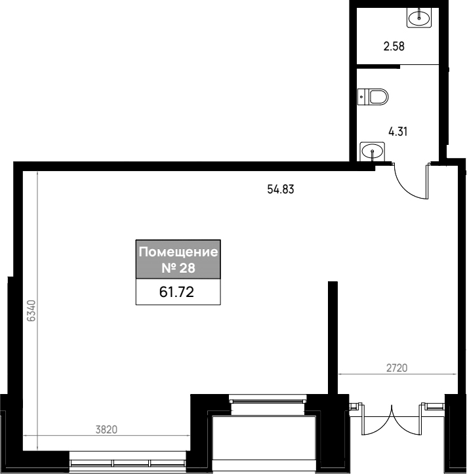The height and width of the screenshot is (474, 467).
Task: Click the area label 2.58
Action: (394, 47)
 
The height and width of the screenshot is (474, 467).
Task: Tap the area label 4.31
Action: (397, 132)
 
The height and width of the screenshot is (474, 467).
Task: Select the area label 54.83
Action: (280, 189)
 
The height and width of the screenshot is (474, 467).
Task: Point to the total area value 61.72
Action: (176, 292)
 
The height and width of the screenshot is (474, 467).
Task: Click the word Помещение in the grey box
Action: (178, 252)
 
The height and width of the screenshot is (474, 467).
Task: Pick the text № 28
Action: (178, 268)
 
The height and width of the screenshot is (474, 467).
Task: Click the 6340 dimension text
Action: (31, 311)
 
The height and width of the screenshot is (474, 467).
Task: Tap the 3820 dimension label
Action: (106, 429)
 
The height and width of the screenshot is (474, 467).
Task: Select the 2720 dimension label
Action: (397, 368)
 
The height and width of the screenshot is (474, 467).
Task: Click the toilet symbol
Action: (373, 97)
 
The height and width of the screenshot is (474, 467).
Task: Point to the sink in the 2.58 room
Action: (419, 18)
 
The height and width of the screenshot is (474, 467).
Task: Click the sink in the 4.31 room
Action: (373, 151)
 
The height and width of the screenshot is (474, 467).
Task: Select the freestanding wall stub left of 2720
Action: (333, 338)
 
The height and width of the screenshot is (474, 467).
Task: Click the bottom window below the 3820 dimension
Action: (127, 462)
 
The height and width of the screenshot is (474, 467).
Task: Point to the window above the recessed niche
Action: (268, 401)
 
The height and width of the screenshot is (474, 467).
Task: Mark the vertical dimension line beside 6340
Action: (37, 311)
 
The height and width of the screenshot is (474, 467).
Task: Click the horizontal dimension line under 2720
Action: (397, 374)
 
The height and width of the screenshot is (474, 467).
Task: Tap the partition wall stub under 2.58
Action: (378, 66)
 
